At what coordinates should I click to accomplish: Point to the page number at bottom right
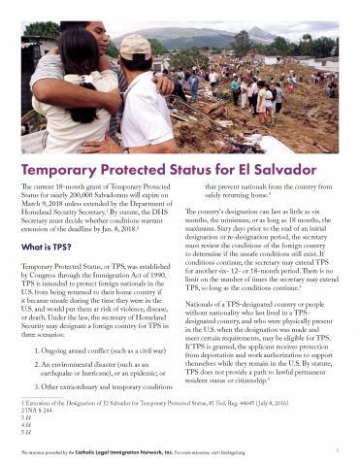click(x=333, y=452)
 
